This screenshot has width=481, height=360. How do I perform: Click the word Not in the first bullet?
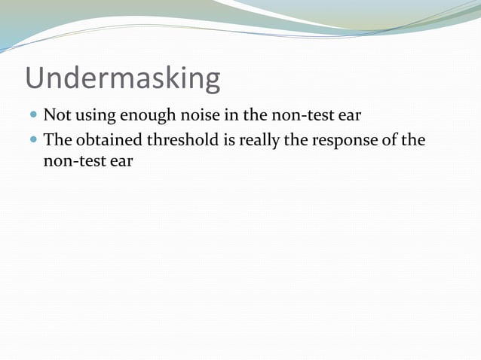pyautogui.click(x=57, y=116)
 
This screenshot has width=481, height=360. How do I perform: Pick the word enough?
pyautogui.click(x=147, y=117)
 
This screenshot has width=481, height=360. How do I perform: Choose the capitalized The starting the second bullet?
pyautogui.click(x=58, y=140)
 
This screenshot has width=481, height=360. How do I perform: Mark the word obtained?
pyautogui.click(x=111, y=140)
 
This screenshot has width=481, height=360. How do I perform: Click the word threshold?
pyautogui.click(x=185, y=140)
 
